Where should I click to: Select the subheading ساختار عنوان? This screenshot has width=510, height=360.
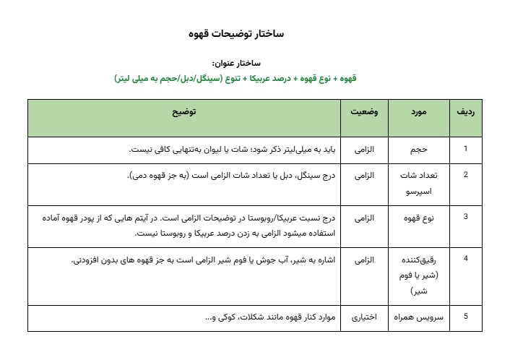click(235, 64)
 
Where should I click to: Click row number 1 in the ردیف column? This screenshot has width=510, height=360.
click(466, 149)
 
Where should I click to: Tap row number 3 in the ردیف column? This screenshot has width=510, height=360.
click(466, 215)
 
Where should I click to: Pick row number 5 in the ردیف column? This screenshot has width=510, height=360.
click(466, 317)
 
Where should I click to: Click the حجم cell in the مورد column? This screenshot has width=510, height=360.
click(420, 150)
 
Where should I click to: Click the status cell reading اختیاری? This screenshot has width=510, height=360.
click(366, 317)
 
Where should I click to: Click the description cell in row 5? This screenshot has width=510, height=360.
click(264, 317)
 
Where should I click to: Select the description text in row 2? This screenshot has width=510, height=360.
click(230, 175)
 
